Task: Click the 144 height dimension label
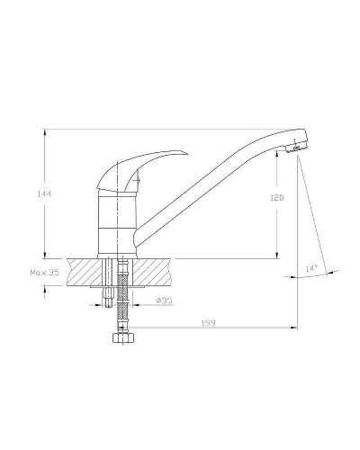[44, 194]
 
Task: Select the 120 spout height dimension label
[277, 198]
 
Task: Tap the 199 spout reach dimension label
[208, 323]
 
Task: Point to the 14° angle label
[311, 268]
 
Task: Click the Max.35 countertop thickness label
[44, 273]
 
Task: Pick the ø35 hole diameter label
[165, 300]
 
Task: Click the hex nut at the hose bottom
[123, 337]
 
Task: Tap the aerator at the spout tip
[297, 148]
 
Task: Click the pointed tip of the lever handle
[187, 154]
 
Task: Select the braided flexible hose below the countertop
[123, 295]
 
